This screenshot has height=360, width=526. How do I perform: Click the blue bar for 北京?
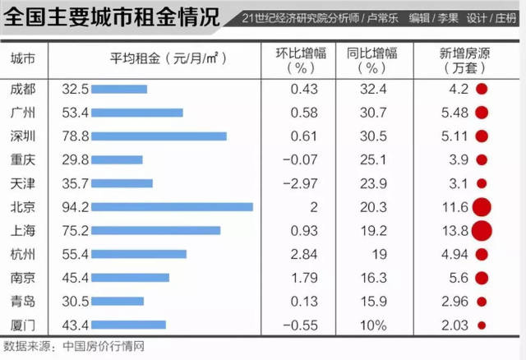(x=172, y=207)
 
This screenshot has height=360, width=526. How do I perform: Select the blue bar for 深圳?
(x=159, y=136)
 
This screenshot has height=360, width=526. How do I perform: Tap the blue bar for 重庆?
(x=117, y=159)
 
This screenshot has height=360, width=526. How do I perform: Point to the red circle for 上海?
(x=481, y=231)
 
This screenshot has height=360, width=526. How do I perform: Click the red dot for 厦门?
(x=482, y=326)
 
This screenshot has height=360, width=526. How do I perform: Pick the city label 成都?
(x=23, y=88)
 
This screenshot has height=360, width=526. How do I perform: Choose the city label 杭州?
(x=23, y=255)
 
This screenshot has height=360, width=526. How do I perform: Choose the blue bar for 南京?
(x=130, y=279)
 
